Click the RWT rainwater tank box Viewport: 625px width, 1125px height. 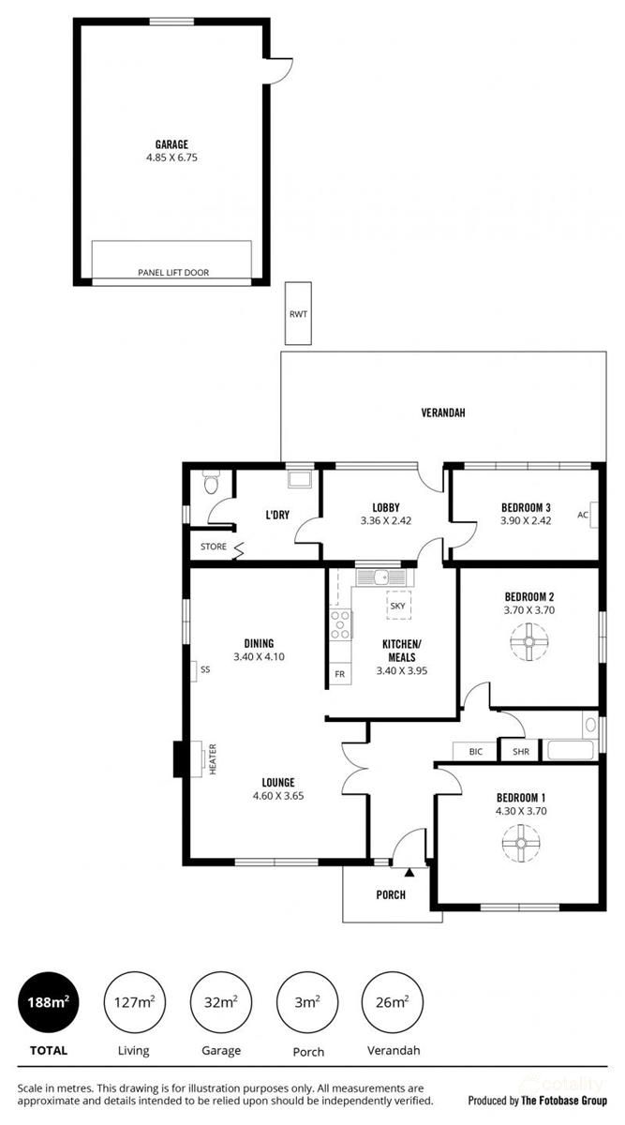(x=299, y=314)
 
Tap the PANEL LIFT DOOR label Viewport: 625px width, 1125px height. (x=172, y=273)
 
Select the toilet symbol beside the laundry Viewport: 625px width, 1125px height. (x=211, y=483)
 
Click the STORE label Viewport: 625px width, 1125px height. (x=213, y=547)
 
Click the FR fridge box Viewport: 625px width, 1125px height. (x=338, y=674)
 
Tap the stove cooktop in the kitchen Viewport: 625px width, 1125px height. (x=340, y=623)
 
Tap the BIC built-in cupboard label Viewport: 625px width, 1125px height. (x=475, y=751)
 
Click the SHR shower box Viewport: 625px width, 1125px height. (x=519, y=751)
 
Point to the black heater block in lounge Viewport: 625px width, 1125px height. (x=180, y=758)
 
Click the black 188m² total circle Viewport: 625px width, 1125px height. (x=47, y=1002)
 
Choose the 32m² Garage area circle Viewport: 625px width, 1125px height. (x=220, y=1002)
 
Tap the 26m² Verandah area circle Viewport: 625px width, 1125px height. (x=392, y=1002)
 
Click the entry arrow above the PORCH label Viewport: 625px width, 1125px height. (x=409, y=872)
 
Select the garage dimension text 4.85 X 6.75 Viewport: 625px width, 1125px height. (x=172, y=158)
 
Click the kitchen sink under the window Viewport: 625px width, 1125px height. (x=378, y=577)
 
